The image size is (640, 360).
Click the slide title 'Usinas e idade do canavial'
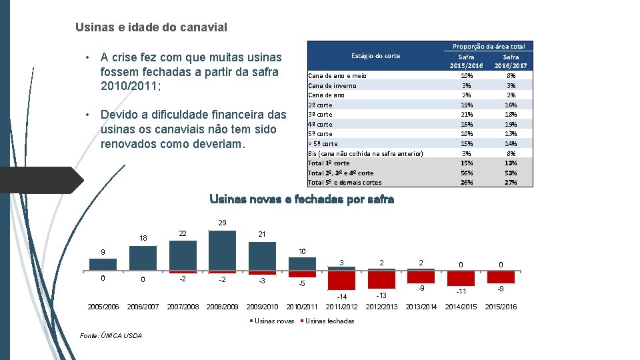pyautogui.click(x=151, y=27)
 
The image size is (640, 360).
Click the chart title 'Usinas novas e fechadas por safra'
pyautogui.click(x=301, y=199)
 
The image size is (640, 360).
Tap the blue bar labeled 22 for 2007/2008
pyautogui.click(x=183, y=255)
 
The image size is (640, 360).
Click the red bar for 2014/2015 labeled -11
pyautogui.click(x=461, y=278)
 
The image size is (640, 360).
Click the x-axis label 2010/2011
pyautogui.click(x=302, y=307)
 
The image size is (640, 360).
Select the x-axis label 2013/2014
pyautogui.click(x=421, y=307)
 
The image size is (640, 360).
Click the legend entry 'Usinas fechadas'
pyautogui.click(x=329, y=321)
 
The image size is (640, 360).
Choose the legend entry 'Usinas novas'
pyautogui.click(x=275, y=321)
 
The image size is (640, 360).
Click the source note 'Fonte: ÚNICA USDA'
pyautogui.click(x=111, y=335)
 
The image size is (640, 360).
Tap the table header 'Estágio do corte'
pyautogui.click(x=375, y=56)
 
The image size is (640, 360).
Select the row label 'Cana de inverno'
pyautogui.click(x=332, y=85)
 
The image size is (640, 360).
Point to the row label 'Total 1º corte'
pyautogui.click(x=329, y=163)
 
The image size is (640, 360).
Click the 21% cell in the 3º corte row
pyautogui.click(x=466, y=115)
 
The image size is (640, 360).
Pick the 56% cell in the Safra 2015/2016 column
pyautogui.click(x=466, y=173)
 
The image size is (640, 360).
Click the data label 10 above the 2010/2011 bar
pyautogui.click(x=302, y=252)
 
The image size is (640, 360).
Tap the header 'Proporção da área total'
pyautogui.click(x=489, y=47)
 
